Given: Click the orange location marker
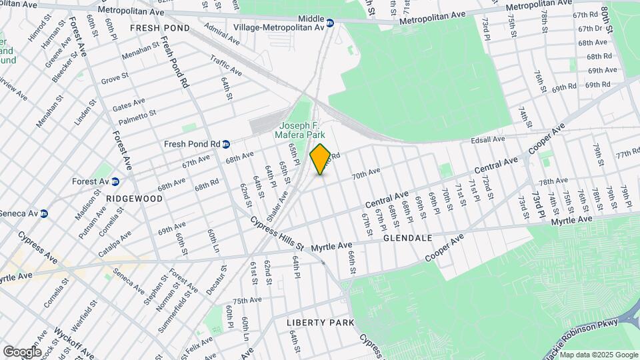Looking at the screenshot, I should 320,159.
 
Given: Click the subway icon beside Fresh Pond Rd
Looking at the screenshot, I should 226,144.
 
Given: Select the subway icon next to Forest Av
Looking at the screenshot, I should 115,181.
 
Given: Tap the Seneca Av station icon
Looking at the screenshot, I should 45,213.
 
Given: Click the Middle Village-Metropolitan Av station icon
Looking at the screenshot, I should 330,21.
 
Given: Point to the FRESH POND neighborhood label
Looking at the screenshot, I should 159,28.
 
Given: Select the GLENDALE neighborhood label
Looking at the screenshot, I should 407,238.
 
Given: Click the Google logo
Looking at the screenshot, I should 22,351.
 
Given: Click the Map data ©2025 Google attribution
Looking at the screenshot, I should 598,355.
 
